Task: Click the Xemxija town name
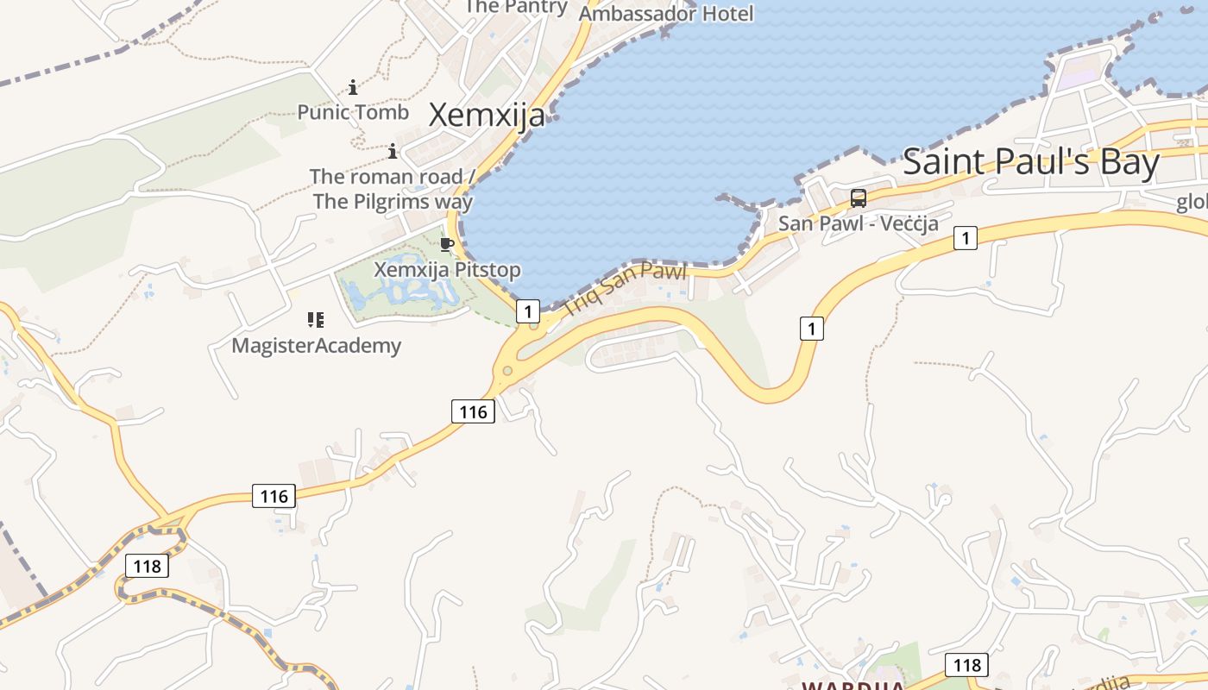(x=487, y=115)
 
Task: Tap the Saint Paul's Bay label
(x=1030, y=162)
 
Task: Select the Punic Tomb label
(x=353, y=112)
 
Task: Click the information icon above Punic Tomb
(x=353, y=87)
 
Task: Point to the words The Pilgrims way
(x=393, y=202)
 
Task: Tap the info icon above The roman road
(x=393, y=152)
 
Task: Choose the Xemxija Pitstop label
(x=447, y=270)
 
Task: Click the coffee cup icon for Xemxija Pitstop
(x=446, y=245)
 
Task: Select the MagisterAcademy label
(x=317, y=346)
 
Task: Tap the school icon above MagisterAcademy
(x=316, y=321)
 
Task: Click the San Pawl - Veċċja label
(x=858, y=223)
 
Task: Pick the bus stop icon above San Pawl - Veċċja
(x=858, y=198)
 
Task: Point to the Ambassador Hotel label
(x=665, y=14)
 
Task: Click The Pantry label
(x=516, y=7)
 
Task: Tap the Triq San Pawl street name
(x=624, y=288)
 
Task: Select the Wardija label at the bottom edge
(x=853, y=686)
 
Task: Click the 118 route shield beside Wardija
(x=966, y=665)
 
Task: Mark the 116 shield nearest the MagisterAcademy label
(x=472, y=412)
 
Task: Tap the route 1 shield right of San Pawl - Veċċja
(x=966, y=238)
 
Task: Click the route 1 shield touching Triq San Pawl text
(x=528, y=310)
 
